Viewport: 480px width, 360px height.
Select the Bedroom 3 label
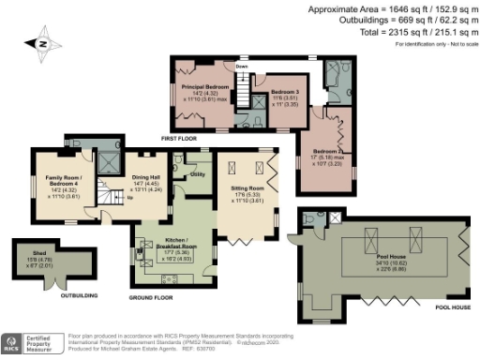click(x=284, y=92)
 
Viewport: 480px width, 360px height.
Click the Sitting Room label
click(x=247, y=187)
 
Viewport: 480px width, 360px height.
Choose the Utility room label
click(x=198, y=174)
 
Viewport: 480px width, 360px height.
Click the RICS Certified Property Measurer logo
click(x=30, y=344)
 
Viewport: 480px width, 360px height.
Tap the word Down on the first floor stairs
click(x=242, y=67)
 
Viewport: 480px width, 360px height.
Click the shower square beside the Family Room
click(x=111, y=161)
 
